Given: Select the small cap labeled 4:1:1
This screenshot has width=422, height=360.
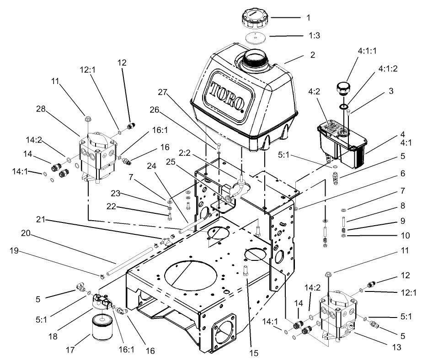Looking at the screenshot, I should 345,87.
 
